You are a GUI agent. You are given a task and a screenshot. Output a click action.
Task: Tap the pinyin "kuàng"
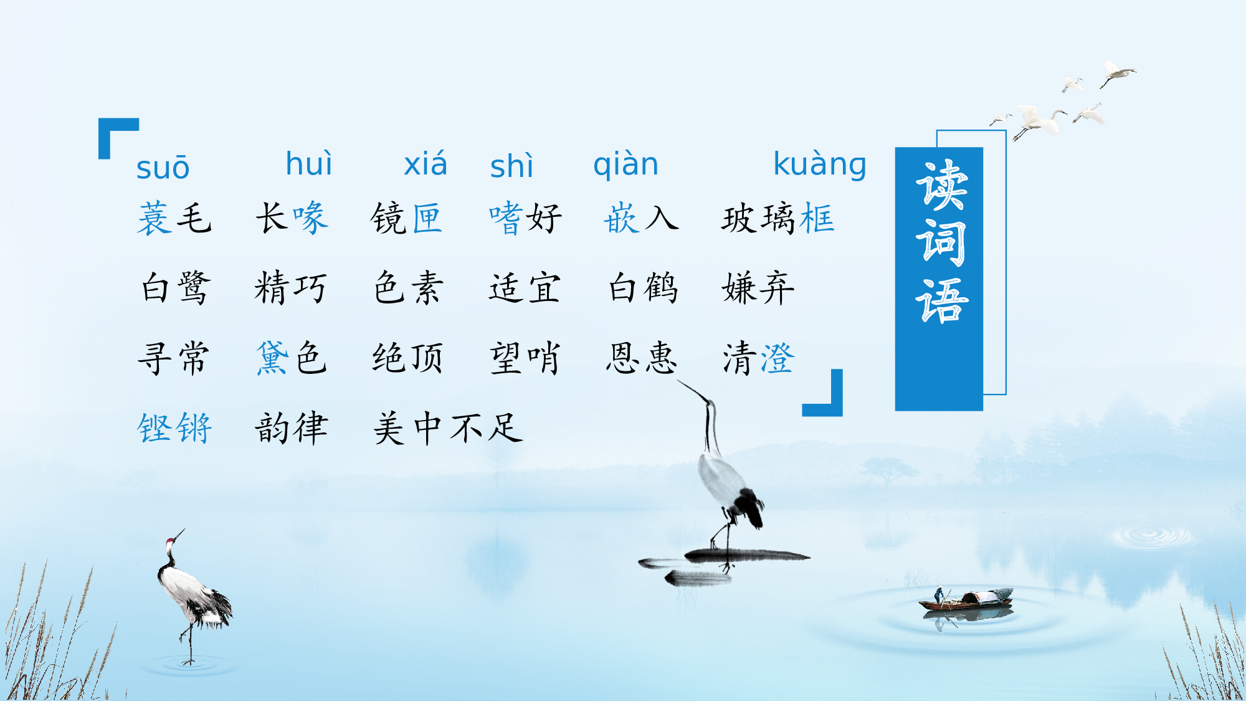tap(819, 165)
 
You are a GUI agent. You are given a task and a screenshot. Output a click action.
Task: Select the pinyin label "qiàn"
tap(625, 165)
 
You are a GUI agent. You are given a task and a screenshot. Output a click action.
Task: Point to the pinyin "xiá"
tap(426, 165)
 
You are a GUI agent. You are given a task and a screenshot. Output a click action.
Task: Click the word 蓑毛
tap(174, 219)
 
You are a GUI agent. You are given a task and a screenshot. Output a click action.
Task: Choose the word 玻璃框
tap(778, 219)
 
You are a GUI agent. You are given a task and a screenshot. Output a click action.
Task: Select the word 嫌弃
tap(758, 289)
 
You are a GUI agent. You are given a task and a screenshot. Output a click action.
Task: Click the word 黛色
tap(292, 358)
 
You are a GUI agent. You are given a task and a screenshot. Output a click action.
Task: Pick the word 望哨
tap(525, 358)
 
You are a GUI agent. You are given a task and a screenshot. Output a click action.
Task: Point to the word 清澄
tap(758, 358)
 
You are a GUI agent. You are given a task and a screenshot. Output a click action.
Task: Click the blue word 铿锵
tap(174, 429)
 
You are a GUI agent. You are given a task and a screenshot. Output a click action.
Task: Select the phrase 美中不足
tap(447, 429)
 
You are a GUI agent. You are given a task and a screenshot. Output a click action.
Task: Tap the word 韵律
tap(292, 429)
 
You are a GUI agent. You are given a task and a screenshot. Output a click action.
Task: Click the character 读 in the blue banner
tap(941, 185)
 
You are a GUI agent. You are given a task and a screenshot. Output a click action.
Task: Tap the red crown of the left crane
tap(169, 541)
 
